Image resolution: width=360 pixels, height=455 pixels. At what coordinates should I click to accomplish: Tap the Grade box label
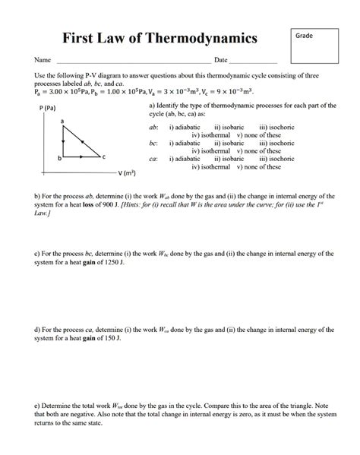[x=305, y=36]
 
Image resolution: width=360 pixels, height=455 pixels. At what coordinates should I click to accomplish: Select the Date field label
[x=221, y=60]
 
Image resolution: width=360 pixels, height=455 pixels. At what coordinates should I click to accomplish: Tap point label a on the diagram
[x=62, y=122]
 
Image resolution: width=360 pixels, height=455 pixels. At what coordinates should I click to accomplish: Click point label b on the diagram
[x=58, y=157]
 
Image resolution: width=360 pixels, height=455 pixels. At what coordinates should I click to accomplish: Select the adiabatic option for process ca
[x=185, y=158]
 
